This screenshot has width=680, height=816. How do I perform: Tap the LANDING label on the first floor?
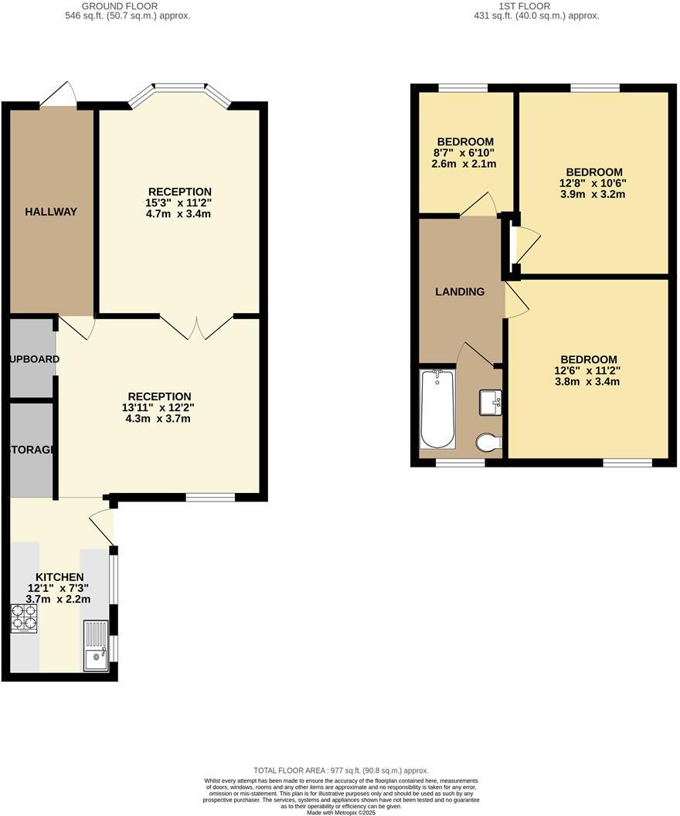460,291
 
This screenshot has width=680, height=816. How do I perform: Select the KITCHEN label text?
59,577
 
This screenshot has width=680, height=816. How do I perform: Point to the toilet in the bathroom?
488,443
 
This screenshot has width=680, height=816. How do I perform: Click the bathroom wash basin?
490,402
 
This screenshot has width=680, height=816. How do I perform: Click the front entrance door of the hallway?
59,94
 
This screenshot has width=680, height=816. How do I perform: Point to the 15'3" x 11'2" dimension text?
179,203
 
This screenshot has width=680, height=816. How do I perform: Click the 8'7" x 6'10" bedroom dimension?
465,153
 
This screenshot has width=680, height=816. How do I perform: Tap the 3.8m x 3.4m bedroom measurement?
589,382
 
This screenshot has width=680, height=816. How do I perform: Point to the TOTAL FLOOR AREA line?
341,770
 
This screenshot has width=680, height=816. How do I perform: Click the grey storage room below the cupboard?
32,450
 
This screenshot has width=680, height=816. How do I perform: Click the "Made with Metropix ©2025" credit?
340,812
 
